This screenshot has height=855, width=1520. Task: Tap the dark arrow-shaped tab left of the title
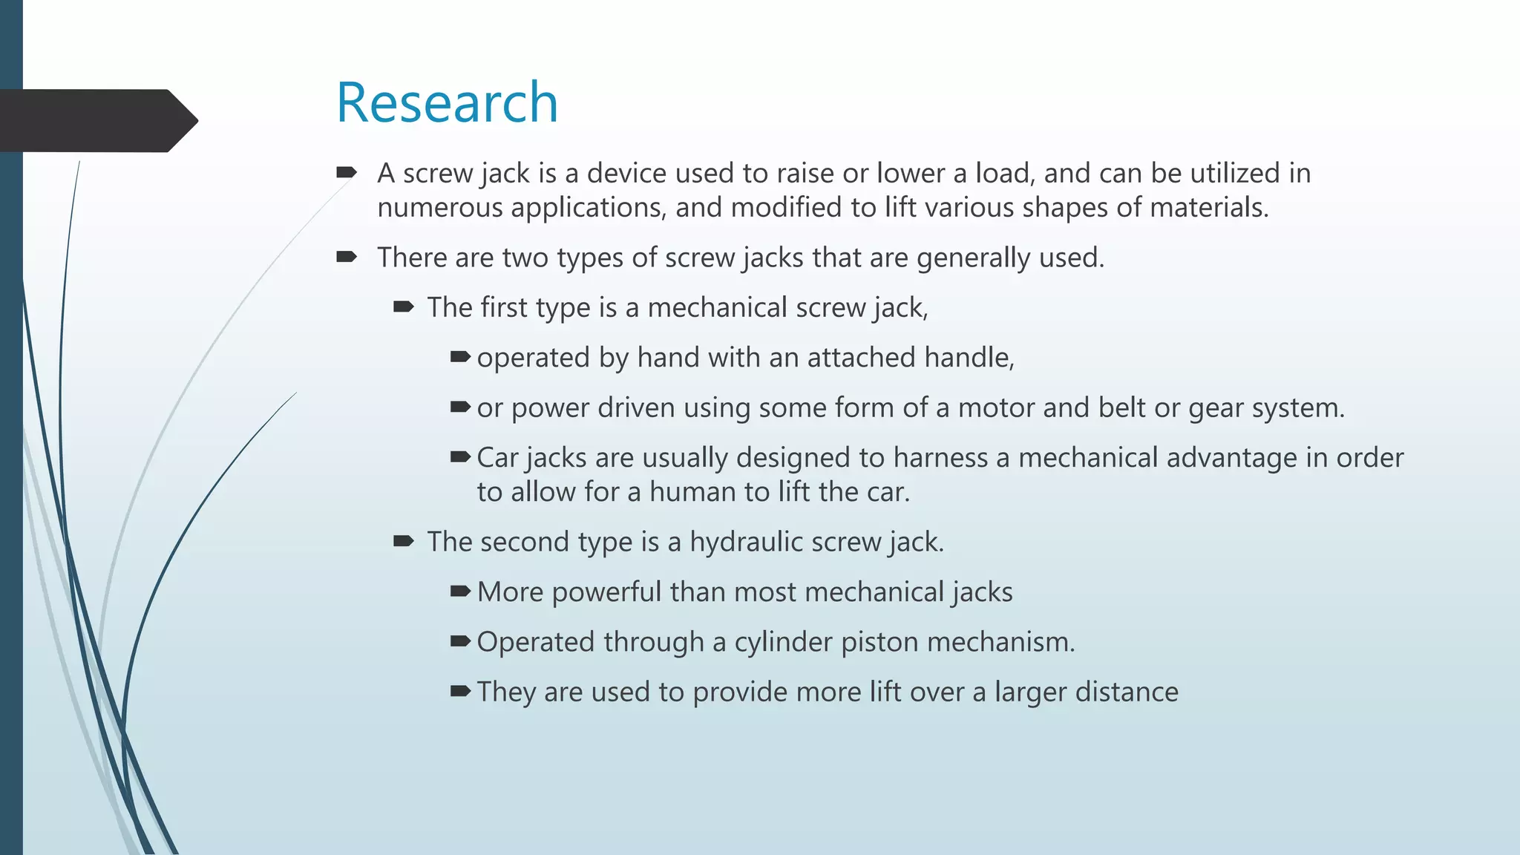(96, 120)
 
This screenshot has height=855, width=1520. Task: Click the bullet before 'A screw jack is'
(347, 173)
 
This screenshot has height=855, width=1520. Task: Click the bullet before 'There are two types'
(347, 258)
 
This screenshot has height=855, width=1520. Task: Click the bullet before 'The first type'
(403, 307)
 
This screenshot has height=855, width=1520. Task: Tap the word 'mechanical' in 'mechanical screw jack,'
(717, 307)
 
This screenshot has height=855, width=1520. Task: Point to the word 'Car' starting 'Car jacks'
(497, 458)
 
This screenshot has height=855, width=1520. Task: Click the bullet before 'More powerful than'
(460, 592)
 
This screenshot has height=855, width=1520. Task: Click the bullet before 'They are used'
(460, 692)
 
